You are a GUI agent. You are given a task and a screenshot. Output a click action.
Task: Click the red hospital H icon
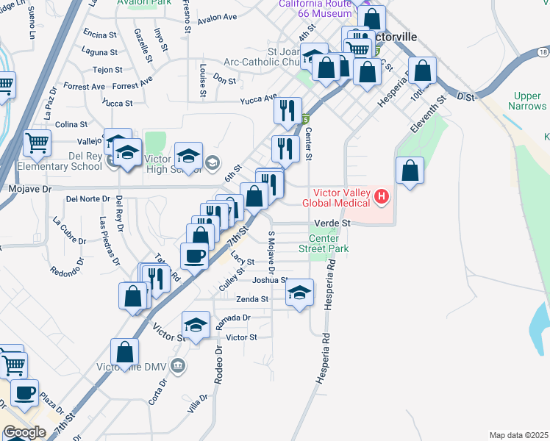(x=382, y=196)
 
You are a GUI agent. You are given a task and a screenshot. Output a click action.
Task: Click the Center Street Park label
(x=324, y=243)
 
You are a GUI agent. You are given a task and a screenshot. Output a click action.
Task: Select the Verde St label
(x=333, y=222)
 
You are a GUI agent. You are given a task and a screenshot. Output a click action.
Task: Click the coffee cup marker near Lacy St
(x=195, y=256)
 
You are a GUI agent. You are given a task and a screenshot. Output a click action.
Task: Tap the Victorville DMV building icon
(x=177, y=365)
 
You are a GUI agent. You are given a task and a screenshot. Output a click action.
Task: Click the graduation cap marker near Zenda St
(x=299, y=293)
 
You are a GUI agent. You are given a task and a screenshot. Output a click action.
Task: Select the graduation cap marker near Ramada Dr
(x=196, y=326)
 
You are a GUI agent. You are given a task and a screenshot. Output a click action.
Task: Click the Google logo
(x=24, y=432)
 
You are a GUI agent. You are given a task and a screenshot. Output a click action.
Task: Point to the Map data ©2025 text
(x=518, y=435)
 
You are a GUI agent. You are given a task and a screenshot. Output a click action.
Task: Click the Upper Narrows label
(x=527, y=101)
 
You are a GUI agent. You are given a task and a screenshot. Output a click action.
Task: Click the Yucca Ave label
(x=260, y=98)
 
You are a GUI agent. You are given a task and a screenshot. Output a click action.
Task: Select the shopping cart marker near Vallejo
(x=37, y=143)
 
